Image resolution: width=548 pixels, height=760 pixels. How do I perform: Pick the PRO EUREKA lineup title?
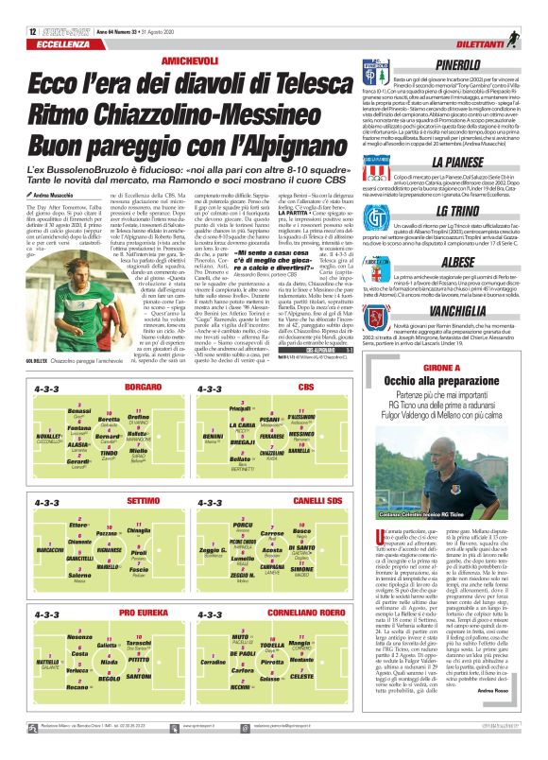(144, 613)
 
